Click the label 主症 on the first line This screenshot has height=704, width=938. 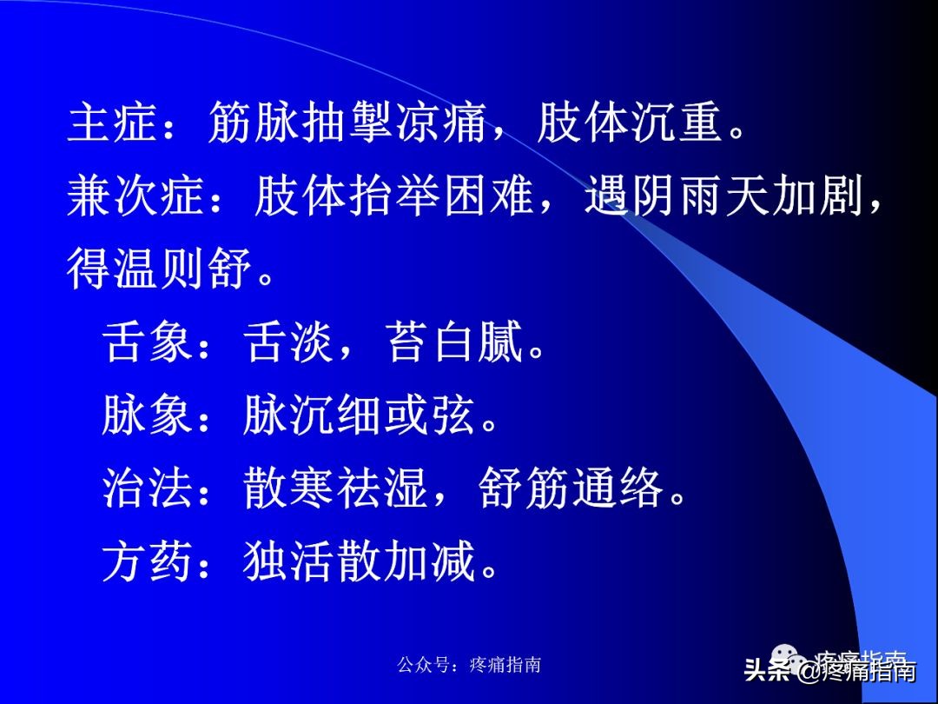pyautogui.click(x=114, y=125)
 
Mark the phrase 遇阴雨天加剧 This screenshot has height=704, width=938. pyautogui.click(x=724, y=198)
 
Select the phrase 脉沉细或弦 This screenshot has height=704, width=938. pyautogui.click(x=360, y=416)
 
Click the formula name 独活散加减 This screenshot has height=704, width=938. pyautogui.click(x=360, y=562)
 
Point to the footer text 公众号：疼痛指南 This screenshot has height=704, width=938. pyautogui.click(x=469, y=665)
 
